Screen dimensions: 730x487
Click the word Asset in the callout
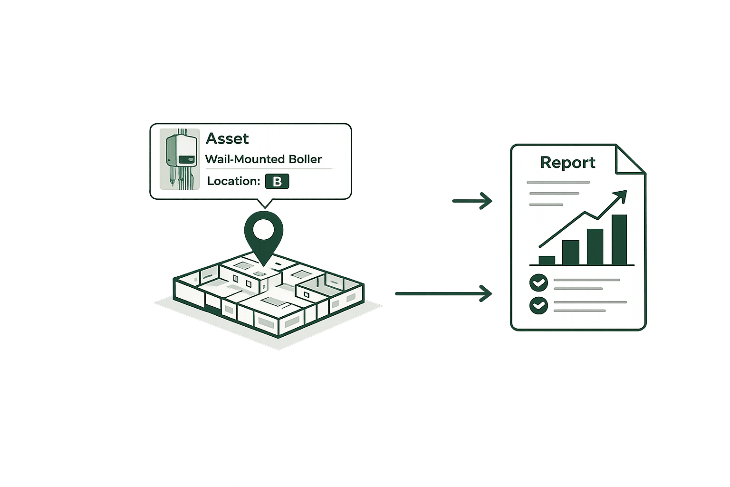tap(227, 139)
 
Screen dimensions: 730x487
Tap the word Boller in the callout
tap(304, 159)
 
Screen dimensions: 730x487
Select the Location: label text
tap(233, 181)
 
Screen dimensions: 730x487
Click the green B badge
tap(277, 182)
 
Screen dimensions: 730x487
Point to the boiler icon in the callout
tap(179, 159)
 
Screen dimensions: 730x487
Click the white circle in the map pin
tap(263, 230)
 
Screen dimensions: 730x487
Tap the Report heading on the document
tap(567, 163)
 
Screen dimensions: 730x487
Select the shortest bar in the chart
tap(547, 260)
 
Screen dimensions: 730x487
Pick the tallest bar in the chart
tap(619, 240)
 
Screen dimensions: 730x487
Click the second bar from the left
tap(570, 253)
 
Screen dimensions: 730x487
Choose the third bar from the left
tap(595, 247)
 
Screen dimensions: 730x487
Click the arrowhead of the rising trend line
tap(622, 195)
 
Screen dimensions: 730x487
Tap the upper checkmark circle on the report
tap(538, 282)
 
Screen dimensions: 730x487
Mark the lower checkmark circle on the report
tap(538, 305)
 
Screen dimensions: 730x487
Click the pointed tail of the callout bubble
tap(264, 204)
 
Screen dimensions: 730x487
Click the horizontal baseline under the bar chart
tap(582, 265)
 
